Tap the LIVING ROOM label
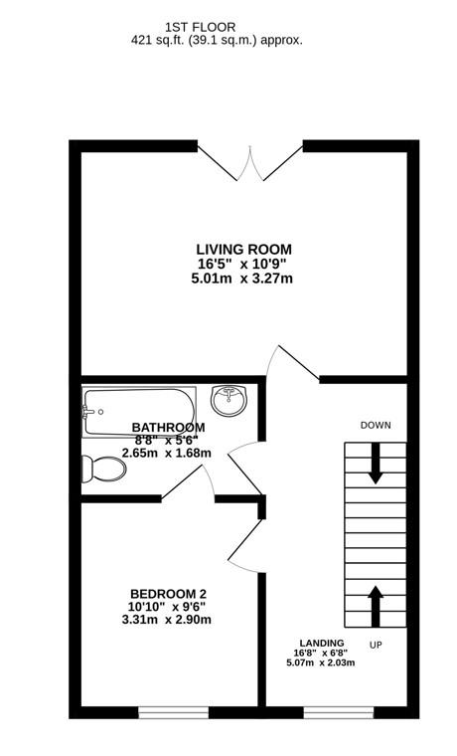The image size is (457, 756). (x=243, y=249)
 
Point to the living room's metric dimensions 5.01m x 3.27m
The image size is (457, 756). (x=243, y=279)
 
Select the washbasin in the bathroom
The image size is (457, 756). (x=230, y=400)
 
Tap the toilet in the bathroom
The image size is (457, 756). (x=98, y=468)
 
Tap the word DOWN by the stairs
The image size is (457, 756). (x=376, y=425)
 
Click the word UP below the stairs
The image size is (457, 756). (x=376, y=645)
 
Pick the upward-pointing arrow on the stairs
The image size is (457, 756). (x=376, y=603)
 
